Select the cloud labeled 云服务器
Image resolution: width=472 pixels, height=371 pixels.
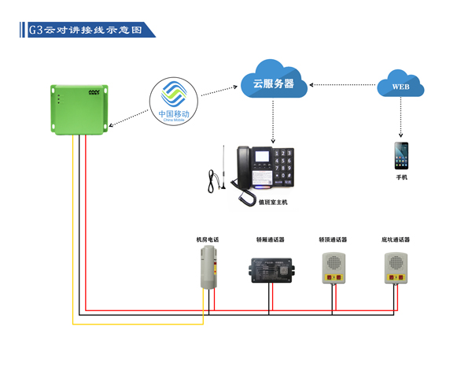273,80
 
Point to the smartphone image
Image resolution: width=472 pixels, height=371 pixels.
401,155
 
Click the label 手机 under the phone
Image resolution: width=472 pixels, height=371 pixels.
401,178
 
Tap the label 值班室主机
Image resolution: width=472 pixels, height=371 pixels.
273,202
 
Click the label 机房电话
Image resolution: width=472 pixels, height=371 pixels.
208,239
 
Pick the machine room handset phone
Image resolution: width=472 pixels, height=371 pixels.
208,267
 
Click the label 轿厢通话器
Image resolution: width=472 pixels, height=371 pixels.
270,239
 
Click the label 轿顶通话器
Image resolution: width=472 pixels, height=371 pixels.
333,239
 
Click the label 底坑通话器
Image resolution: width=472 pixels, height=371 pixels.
396,239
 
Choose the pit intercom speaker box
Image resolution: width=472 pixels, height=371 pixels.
395,268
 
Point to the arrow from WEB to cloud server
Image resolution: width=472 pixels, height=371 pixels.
343,83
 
